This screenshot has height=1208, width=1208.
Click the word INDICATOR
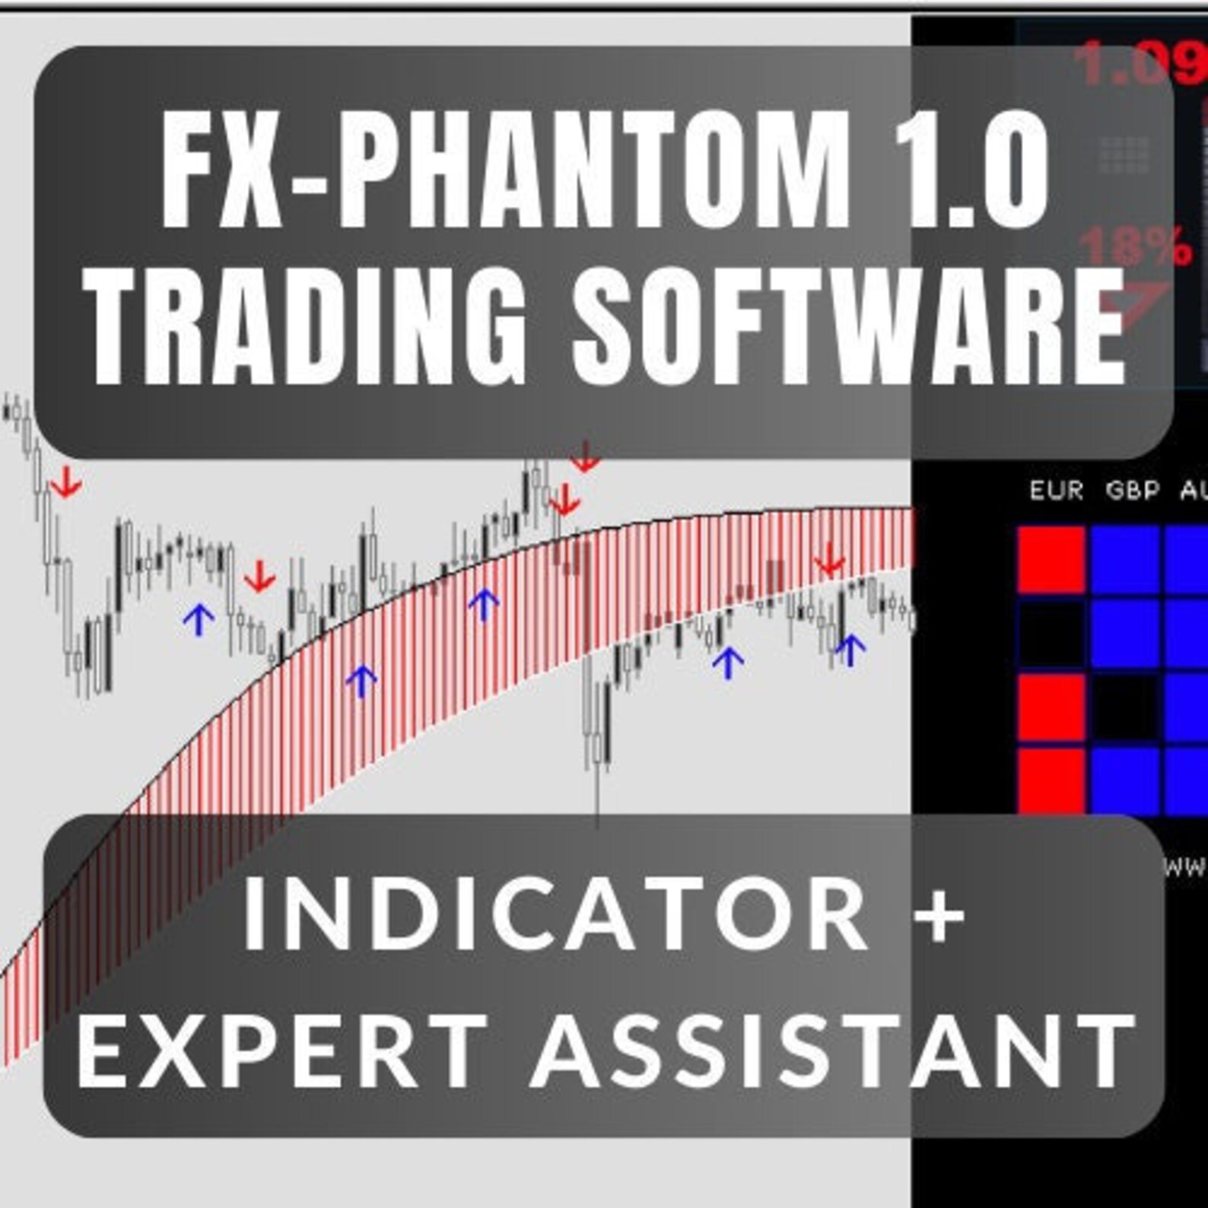pos(555,912)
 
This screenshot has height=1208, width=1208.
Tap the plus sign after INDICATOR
pos(940,912)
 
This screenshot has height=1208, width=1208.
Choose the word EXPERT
pos(281,1051)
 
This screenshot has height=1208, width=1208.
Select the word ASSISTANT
pos(833,1051)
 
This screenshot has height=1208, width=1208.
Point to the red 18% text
pos(1135,246)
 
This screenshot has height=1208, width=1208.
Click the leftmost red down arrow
pos(67,482)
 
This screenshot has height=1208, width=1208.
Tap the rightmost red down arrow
pos(829,563)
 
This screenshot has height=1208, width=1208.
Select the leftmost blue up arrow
pos(199,619)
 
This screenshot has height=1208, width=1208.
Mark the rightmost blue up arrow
pos(850,649)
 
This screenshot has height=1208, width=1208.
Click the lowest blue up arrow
pos(361,681)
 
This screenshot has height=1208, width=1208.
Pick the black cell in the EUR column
pos(1051,633)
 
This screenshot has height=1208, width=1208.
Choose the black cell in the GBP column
pos(1124,707)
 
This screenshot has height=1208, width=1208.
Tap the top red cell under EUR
pos(1051,559)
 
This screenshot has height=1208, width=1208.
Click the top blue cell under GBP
pos(1124,559)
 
